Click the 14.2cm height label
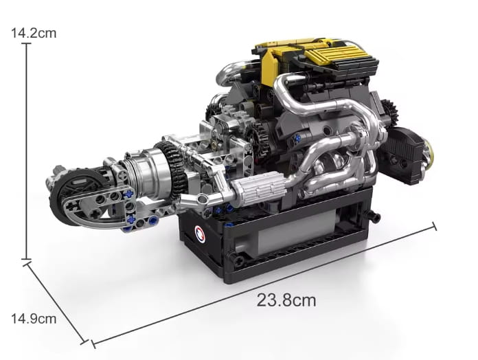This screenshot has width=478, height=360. pos(34,33)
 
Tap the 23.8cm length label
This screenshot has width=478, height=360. pos(286,300)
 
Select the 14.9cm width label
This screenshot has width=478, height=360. pos(34,319)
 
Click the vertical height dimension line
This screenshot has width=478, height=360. pos(27,152)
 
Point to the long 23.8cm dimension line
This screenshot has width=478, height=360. pos(264,285)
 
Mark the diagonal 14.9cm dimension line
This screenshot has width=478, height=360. pos(56,303)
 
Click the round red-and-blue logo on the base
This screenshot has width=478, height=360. pos(200,233)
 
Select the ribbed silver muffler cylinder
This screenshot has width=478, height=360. pos(258,188)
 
